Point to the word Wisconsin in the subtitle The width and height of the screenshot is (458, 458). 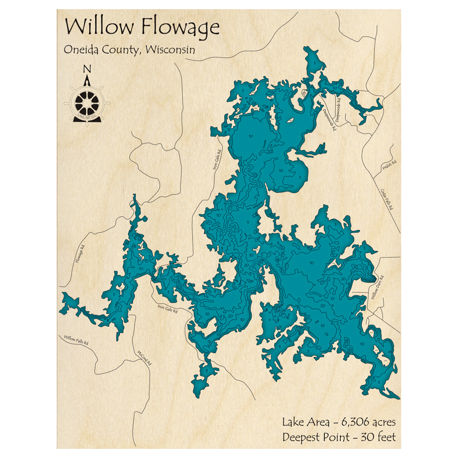tap(169, 49)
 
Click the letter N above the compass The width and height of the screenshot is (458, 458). tap(87, 70)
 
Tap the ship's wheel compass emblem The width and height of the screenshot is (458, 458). tap(87, 101)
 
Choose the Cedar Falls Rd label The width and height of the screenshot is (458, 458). tap(387, 199)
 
